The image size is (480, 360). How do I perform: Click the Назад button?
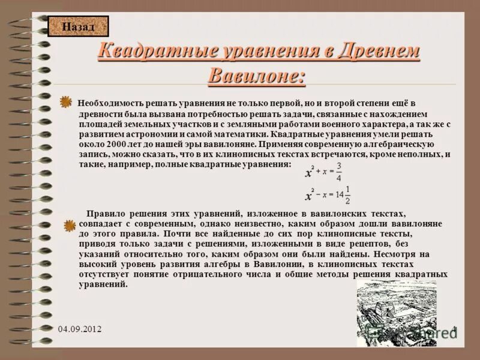click(x=78, y=26)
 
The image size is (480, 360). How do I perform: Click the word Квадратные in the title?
click(x=143, y=52)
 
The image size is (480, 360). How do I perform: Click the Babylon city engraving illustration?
click(x=396, y=312)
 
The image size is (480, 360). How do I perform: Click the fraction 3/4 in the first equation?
click(x=339, y=172)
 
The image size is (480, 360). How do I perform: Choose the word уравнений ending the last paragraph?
click(x=103, y=285)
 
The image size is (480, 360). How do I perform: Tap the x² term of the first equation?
click(x=310, y=172)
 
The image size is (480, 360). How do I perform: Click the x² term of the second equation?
click(x=310, y=195)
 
